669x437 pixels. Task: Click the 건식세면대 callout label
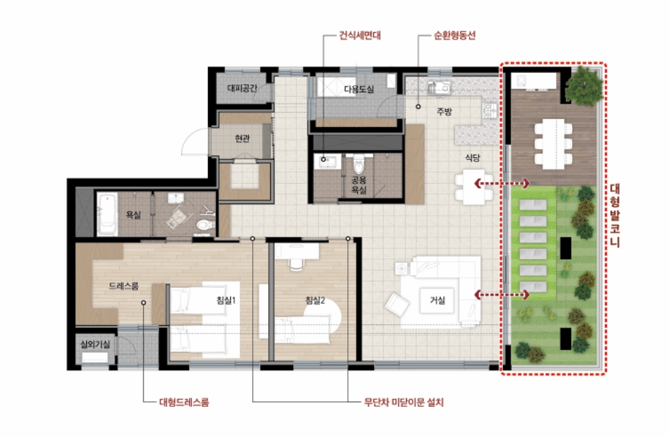360,35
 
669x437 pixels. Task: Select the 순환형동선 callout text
454,35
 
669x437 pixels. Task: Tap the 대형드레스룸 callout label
184,402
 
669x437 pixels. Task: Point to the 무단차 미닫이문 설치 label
403,402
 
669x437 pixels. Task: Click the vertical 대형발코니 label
614,215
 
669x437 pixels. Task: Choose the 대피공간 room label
242,88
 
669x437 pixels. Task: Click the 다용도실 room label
359,89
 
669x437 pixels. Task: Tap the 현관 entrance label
242,139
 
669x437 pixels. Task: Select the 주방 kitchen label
444,112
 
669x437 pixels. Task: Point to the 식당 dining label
472,157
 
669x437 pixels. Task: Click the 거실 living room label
438,300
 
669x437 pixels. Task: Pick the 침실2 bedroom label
315,300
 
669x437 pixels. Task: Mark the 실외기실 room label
95,344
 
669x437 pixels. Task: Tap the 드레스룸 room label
124,286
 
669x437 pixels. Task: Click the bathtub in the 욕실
107,214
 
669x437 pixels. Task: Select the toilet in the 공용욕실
359,163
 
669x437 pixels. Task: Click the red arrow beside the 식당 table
502,183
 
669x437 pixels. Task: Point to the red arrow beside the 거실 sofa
502,294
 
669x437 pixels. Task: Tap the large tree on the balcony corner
584,86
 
